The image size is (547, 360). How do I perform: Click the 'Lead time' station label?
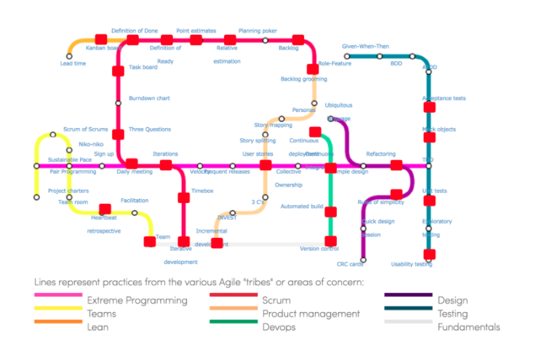click(73, 64)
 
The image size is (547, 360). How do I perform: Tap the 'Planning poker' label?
click(257, 31)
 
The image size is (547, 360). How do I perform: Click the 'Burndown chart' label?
click(149, 98)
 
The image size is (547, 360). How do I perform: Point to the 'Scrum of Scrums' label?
click(86, 129)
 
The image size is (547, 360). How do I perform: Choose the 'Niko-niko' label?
click(90, 145)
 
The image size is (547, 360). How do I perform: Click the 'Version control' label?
click(319, 249)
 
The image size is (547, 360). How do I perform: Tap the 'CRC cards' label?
click(350, 264)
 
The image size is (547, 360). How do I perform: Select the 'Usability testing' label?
click(412, 264)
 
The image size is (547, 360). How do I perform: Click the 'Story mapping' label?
click(273, 126)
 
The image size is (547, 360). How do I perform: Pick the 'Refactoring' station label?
click(380, 154)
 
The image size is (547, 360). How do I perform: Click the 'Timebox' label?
click(202, 191)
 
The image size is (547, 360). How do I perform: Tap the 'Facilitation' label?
click(135, 200)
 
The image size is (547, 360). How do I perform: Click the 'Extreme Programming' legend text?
click(137, 300)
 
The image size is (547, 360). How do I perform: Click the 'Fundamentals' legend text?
click(468, 327)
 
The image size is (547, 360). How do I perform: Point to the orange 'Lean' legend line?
click(57, 321)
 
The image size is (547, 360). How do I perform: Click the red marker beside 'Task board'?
click(119, 71)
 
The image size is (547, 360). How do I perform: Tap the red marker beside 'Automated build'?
click(330, 212)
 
